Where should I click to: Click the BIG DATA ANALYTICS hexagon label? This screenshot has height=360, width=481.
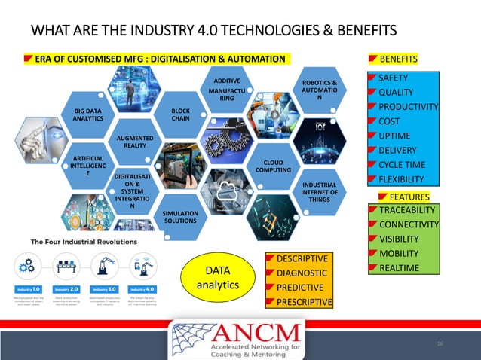tap(88, 114)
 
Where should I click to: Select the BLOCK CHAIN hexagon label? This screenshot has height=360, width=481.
tap(180, 114)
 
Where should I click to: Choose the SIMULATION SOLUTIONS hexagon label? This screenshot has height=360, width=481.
tap(180, 217)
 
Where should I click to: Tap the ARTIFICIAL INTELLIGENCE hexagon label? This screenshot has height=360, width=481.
tap(87, 165)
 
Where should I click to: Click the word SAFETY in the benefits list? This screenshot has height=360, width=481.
tap(393, 78)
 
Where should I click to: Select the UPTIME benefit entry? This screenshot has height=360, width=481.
tap(394, 136)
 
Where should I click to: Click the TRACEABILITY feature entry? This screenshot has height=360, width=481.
tap(407, 210)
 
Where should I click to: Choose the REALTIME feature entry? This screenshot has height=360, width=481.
tap(399, 268)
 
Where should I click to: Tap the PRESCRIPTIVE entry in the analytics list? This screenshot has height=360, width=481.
tap(305, 302)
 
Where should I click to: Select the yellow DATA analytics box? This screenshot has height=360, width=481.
tap(218, 277)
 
